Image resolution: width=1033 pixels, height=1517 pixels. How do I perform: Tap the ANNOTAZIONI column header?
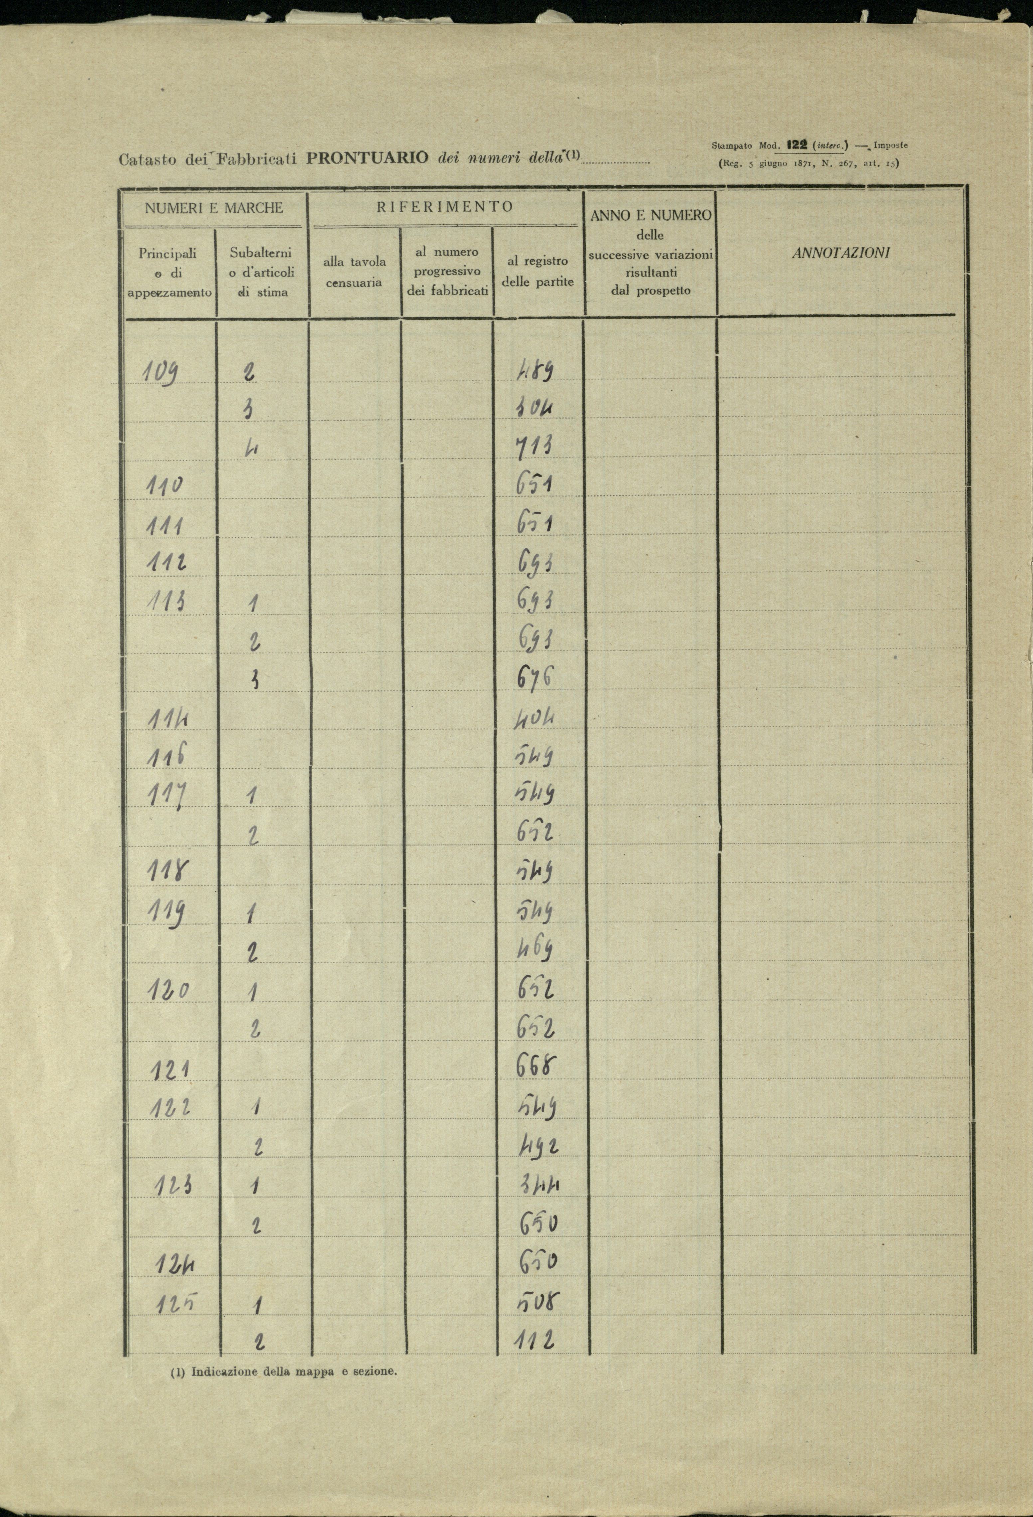[x=840, y=253]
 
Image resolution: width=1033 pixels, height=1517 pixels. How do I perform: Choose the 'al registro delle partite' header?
[x=538, y=271]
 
